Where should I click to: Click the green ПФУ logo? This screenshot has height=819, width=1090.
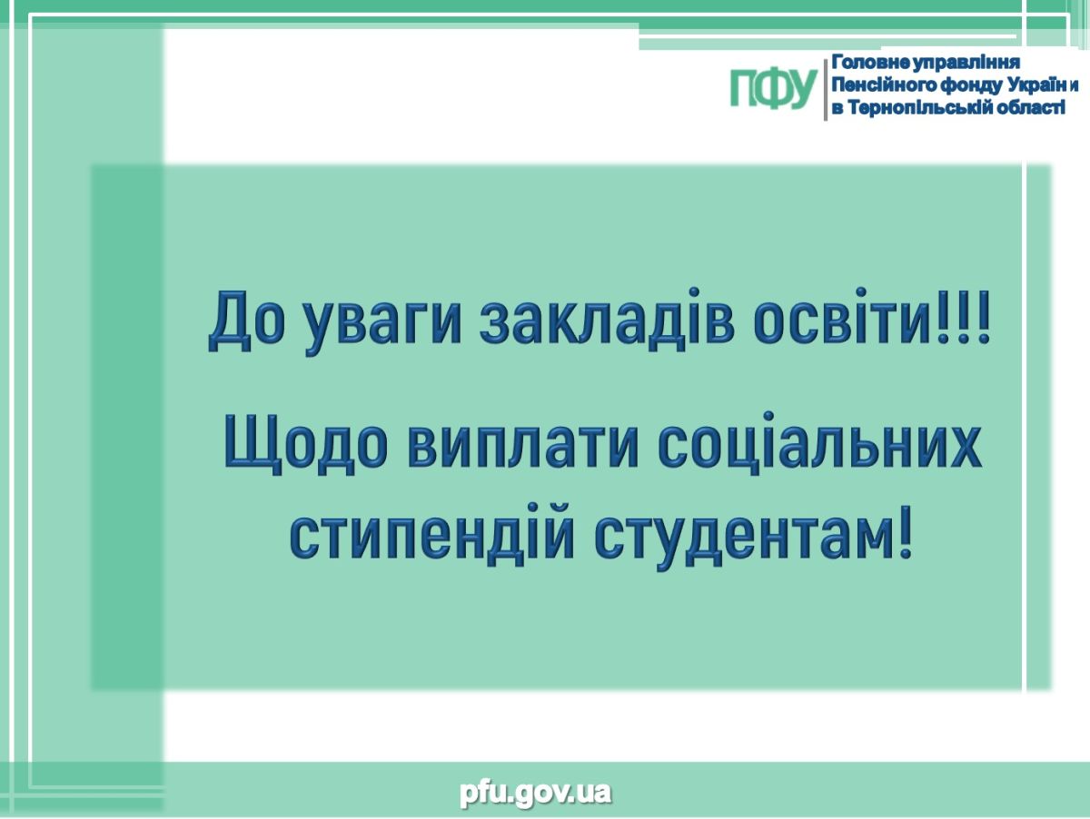point(773,88)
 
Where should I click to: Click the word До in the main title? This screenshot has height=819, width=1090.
point(247,321)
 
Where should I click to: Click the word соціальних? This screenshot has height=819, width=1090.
point(820,439)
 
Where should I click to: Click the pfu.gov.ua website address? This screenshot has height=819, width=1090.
point(535,792)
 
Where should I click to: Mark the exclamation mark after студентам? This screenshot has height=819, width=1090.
point(905,532)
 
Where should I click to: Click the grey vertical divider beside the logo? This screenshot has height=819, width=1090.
point(825,89)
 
